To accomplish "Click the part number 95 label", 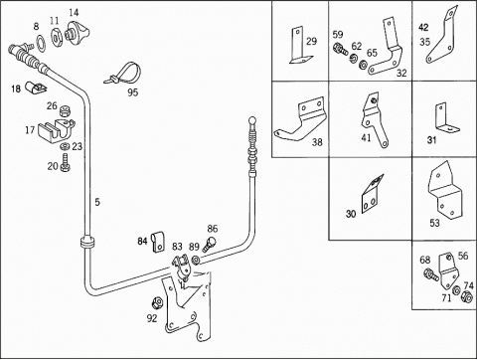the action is point(132,92).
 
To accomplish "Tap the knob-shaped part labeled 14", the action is point(78,32).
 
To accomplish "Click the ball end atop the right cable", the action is point(252,119).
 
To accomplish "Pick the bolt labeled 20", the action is point(66,162).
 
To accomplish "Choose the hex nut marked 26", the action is point(65,110).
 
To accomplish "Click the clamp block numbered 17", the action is point(55,131).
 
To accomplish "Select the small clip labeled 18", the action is point(36,88).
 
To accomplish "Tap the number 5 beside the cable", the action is point(97,202).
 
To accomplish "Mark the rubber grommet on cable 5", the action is point(87,243).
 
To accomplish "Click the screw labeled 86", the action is point(209,244).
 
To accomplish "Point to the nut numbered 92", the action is point(156,302).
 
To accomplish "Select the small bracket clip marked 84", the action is point(158,243).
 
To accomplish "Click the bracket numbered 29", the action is point(300,46).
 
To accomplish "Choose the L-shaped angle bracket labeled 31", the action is point(445,118).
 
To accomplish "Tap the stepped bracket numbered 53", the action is point(445,191).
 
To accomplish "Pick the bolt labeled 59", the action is point(340,49).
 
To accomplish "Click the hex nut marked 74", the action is point(467,296).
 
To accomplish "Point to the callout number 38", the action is point(317,142).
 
